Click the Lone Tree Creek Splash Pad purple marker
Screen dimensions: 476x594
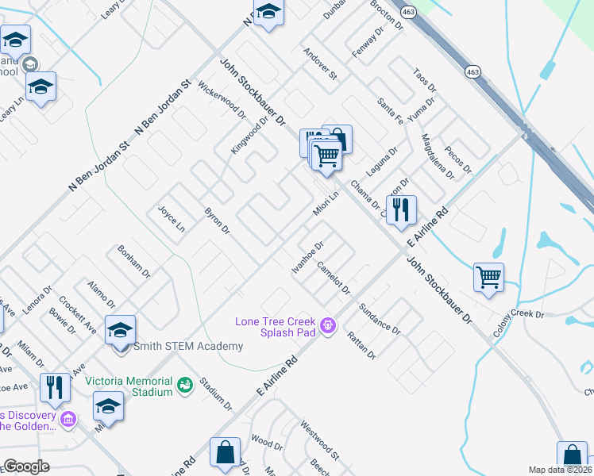click(x=326, y=324)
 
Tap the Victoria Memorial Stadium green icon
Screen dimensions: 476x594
click(x=186, y=386)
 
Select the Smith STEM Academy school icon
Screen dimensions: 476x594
click(x=120, y=330)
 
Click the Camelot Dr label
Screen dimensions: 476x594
click(x=334, y=278)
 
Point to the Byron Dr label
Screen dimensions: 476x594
click(x=217, y=221)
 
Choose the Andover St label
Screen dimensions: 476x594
click(x=320, y=63)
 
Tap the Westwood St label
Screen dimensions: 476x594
click(x=319, y=440)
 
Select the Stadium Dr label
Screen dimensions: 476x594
click(x=216, y=394)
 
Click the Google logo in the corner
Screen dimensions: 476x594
click(x=26, y=466)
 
